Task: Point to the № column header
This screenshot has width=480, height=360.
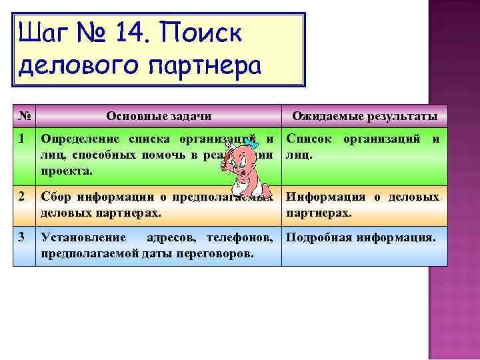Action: tap(23, 116)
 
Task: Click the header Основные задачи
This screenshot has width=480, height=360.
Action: tap(159, 116)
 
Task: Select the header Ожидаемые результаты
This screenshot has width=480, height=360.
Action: tap(365, 117)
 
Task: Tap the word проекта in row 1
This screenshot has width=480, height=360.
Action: tap(66, 171)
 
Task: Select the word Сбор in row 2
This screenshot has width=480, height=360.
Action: tap(56, 197)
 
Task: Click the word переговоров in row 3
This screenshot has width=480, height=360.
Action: tap(217, 253)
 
